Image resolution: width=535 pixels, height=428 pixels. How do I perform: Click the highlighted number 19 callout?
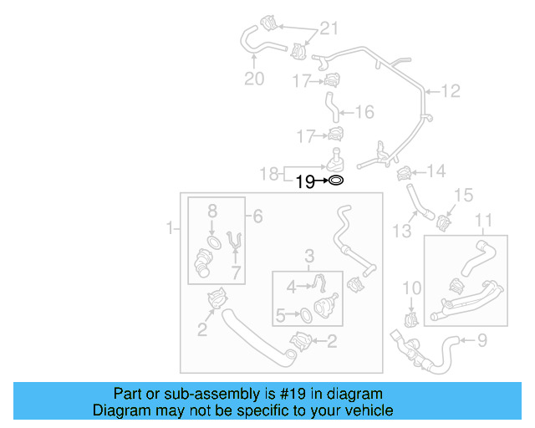pos(304,181)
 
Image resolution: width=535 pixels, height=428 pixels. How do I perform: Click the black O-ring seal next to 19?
pos(334,180)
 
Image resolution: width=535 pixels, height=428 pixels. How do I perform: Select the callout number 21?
pos(329,29)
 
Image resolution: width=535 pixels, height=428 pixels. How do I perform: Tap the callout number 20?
pos(253,79)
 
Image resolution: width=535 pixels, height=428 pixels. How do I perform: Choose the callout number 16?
pos(364,112)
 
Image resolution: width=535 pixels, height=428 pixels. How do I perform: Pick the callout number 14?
pos(436,172)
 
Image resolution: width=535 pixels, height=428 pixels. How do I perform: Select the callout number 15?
pos(465,196)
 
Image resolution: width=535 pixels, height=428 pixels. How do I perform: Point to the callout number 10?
pos(410,288)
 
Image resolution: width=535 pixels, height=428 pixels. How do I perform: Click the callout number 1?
pos(171,227)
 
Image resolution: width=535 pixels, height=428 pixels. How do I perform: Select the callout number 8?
pos(211,211)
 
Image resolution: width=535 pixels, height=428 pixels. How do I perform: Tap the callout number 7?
pos(236,273)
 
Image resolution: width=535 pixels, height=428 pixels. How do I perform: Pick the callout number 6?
pos(257,217)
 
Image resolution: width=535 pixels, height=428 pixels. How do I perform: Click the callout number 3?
pos(308,255)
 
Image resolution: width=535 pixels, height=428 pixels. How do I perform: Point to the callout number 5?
pos(281,315)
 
